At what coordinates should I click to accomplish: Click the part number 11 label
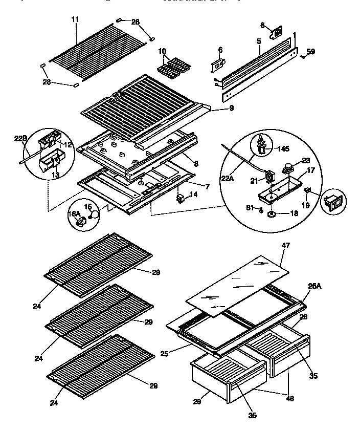(75, 19)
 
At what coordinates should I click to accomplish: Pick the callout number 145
(283, 149)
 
